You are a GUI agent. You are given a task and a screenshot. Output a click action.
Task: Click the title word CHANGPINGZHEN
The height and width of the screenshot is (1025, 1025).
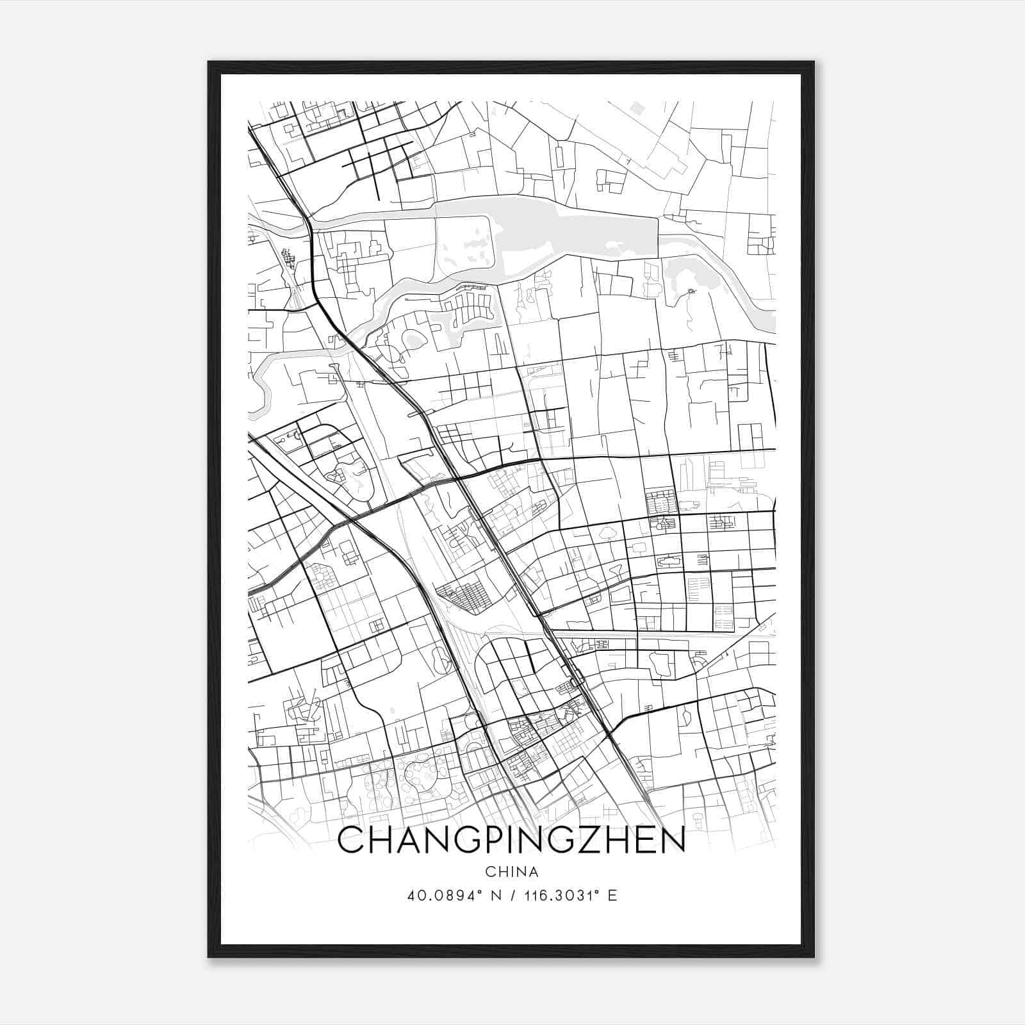pyautogui.click(x=511, y=840)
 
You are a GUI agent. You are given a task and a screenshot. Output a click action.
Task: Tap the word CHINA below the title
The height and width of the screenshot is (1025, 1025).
pyautogui.click(x=511, y=872)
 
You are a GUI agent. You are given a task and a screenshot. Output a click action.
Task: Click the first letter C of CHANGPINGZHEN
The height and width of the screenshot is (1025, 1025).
pyautogui.click(x=351, y=840)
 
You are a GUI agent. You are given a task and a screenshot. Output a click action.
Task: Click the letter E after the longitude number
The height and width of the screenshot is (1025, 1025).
pyautogui.click(x=612, y=896)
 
